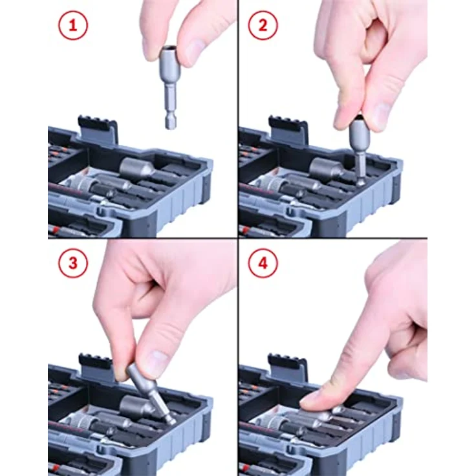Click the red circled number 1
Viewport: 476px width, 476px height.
[72, 27]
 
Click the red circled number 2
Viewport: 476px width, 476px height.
[263, 27]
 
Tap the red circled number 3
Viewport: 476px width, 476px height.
[72, 265]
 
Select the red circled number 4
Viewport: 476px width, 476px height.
[263, 265]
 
